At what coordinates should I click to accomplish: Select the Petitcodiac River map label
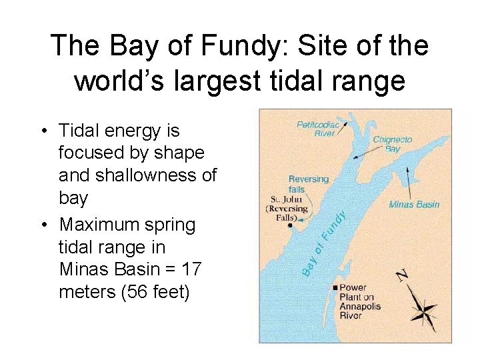[x=317, y=128]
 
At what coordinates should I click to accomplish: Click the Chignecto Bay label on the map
[x=393, y=144]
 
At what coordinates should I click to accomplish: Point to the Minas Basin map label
[x=414, y=204]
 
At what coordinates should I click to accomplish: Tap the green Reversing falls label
[x=309, y=184]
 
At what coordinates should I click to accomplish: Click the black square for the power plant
[x=334, y=288]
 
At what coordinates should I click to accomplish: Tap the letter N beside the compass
[x=403, y=275]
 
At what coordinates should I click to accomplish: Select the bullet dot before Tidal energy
[x=44, y=131]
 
